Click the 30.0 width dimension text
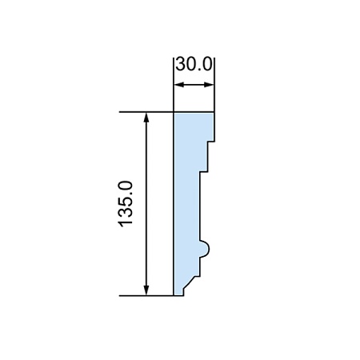pos(194,64)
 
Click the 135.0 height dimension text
pos(126,204)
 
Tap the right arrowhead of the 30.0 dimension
pos(209,85)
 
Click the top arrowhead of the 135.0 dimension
pos(146,117)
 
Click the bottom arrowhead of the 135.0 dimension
pos(146,290)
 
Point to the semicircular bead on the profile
pos(206,249)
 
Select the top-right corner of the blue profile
pos(214,112)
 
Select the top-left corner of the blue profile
pos(174,112)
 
